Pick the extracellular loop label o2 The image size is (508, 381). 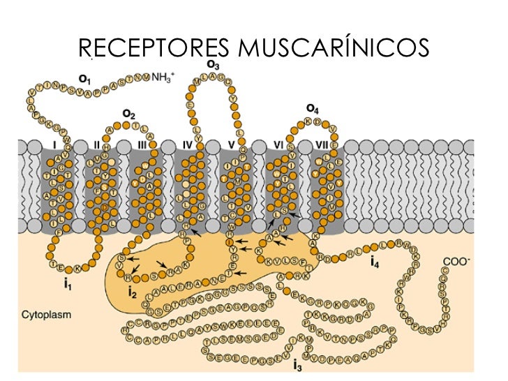[x=129, y=112]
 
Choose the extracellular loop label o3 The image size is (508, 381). [x=214, y=65]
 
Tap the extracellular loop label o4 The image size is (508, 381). [x=312, y=108]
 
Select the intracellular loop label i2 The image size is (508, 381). [x=133, y=292]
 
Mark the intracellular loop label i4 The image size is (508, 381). [x=375, y=263]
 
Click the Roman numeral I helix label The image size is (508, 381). [x=54, y=145]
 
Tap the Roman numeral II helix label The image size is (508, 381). [x=97, y=145]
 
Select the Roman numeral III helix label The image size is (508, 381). [x=142, y=145]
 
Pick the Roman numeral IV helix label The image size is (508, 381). [x=187, y=145]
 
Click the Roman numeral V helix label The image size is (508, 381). [x=231, y=145]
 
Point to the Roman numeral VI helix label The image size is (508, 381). [x=278, y=145]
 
